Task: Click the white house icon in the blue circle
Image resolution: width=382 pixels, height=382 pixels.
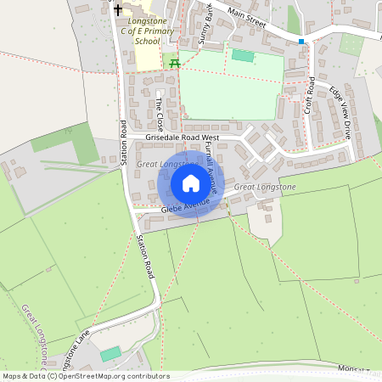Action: (191, 183)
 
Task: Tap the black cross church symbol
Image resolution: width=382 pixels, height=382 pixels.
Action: (118, 10)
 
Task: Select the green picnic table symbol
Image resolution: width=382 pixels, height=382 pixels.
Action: (175, 63)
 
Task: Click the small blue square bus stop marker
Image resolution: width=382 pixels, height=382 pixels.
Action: (301, 40)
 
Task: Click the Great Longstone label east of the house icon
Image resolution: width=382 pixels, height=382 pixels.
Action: (265, 187)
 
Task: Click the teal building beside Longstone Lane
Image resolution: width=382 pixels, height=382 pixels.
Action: (110, 354)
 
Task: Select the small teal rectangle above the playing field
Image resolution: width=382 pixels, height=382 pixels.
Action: (243, 55)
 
